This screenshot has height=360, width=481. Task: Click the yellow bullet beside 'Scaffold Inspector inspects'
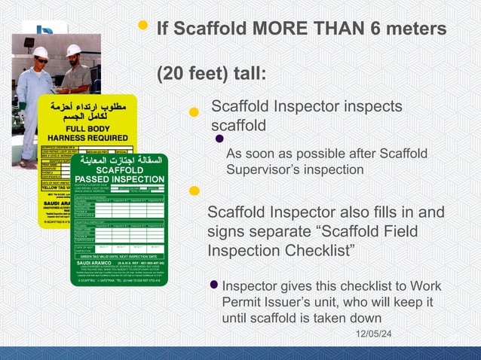193,112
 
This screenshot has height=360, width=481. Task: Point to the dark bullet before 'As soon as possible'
219,139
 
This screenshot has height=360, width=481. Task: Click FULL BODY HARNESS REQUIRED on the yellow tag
87,133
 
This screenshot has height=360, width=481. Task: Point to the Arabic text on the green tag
118,160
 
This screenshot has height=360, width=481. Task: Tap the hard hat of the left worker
41,53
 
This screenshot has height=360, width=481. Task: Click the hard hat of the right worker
73,50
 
